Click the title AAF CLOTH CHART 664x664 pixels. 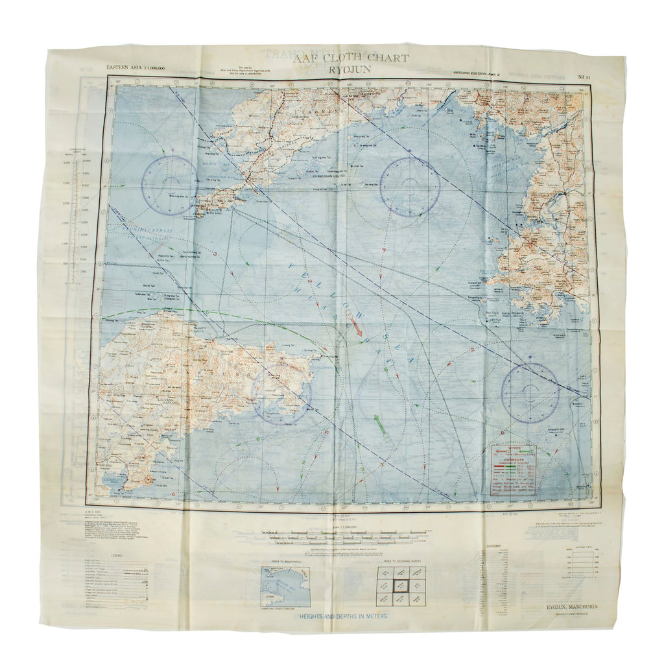click(351, 58)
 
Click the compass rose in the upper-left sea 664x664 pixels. click(170, 185)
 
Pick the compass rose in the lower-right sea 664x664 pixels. click(530, 393)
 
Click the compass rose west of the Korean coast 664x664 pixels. click(409, 187)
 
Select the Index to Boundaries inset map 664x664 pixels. click(285, 586)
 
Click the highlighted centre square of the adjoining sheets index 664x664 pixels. click(401, 586)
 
